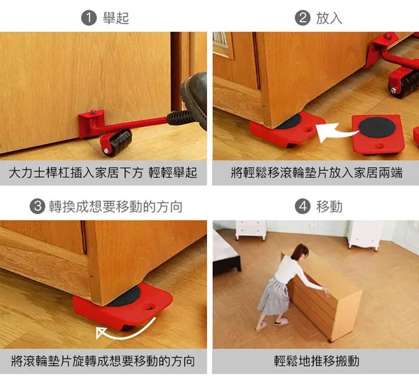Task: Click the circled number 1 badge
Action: [x=89, y=18]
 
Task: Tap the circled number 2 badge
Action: [x=302, y=18]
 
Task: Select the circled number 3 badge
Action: [x=37, y=207]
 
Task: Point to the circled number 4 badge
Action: [x=302, y=207]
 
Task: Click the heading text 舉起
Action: [x=116, y=18]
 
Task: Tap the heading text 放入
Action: [x=329, y=18]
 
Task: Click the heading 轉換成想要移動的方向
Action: [x=116, y=207]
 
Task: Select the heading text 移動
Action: [x=329, y=207]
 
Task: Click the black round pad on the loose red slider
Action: [x=377, y=128]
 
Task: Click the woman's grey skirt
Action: [x=274, y=297]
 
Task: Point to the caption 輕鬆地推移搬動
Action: [x=317, y=361]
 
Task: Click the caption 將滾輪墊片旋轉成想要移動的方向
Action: [x=103, y=361]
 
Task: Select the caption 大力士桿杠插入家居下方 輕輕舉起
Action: [x=103, y=173]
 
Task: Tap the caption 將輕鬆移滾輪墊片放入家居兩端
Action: [x=317, y=173]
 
